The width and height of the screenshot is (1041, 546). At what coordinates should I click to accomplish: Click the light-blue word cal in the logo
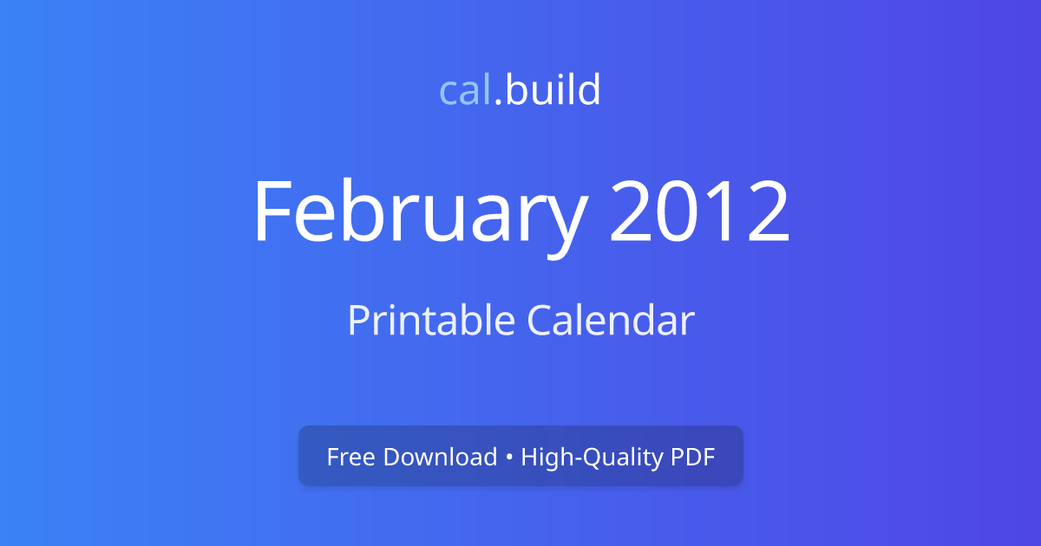tap(466, 90)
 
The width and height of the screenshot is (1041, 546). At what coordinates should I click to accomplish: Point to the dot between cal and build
tap(499, 102)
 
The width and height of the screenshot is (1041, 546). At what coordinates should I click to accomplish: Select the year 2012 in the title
tap(699, 212)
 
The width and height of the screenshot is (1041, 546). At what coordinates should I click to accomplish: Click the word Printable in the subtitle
tap(431, 321)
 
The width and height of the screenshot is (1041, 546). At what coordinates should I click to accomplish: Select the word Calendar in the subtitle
tap(611, 321)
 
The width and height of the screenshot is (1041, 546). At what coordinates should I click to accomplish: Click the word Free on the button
tap(351, 457)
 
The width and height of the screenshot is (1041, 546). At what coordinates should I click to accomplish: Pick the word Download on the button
tap(440, 457)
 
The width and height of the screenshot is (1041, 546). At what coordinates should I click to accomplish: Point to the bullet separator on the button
tap(509, 458)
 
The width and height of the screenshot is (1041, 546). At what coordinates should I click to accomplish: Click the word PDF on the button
tap(692, 457)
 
